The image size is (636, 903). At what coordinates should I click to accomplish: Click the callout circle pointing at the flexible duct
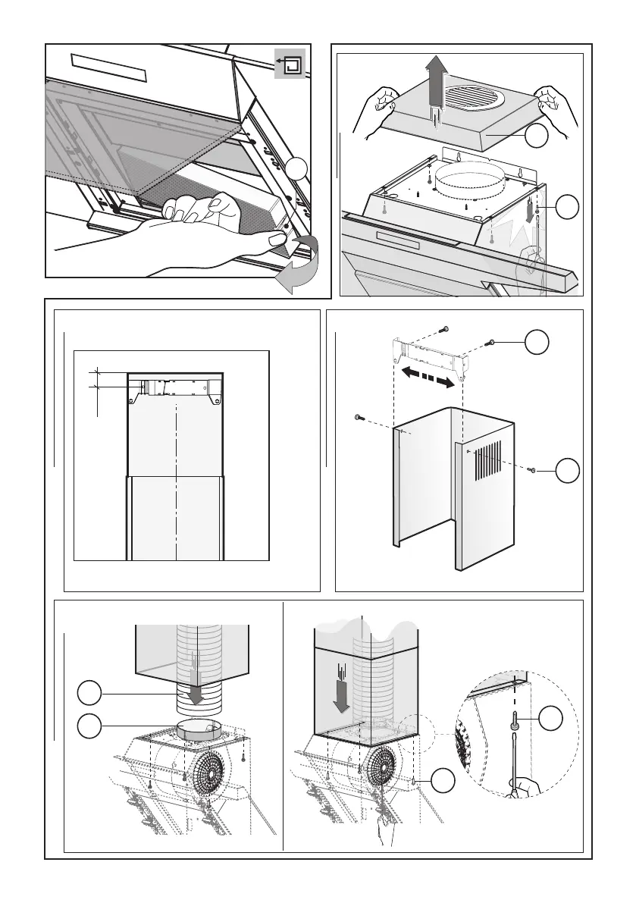90,694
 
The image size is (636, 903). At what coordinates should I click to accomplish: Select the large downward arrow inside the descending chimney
342,689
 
